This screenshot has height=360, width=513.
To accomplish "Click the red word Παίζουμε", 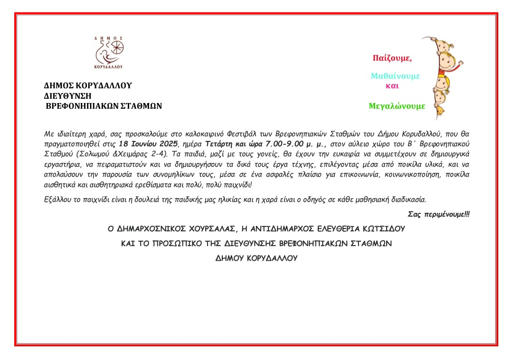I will pyautogui.click(x=392, y=58).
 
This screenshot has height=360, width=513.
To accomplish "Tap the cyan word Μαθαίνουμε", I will pyautogui.click(x=395, y=76).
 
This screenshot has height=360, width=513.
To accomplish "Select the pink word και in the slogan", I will pyautogui.click(x=392, y=86).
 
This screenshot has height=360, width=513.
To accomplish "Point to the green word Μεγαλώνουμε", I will pyautogui.click(x=397, y=106).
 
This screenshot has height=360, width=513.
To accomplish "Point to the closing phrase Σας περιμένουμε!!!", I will pyautogui.click(x=438, y=215).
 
